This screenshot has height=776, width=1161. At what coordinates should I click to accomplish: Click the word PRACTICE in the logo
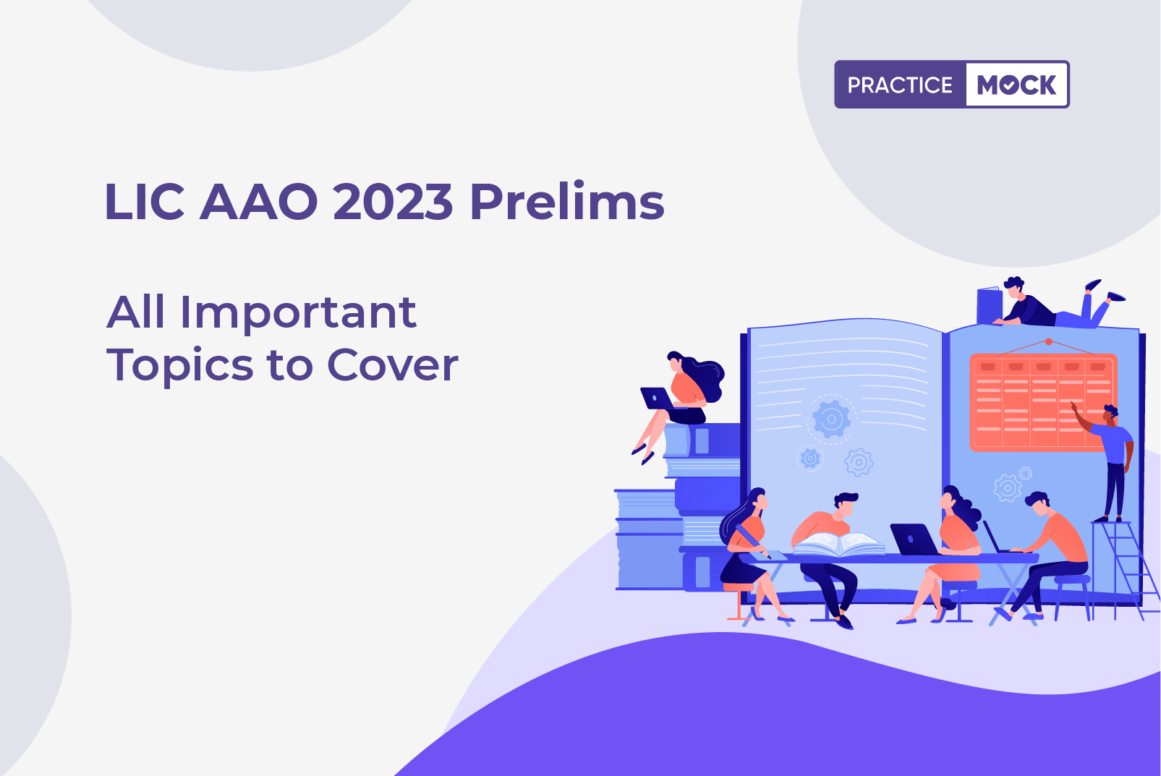(900, 85)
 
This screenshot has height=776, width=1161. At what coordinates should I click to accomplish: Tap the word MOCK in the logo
(1016, 85)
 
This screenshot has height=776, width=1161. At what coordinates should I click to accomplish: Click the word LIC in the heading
(145, 202)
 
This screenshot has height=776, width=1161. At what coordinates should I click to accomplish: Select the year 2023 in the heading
(393, 202)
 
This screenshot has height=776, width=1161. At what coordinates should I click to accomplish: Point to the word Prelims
(566, 201)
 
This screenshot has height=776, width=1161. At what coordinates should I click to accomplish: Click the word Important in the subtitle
(298, 313)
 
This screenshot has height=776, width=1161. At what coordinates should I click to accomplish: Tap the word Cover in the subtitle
(393, 364)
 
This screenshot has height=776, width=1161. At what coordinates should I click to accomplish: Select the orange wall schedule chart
(1043, 402)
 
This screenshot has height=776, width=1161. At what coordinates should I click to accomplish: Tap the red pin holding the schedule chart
(1049, 342)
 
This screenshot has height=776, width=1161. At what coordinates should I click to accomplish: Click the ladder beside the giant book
(1125, 570)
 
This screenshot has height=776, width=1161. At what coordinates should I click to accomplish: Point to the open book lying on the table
(838, 544)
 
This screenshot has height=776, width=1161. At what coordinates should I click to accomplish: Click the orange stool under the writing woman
(739, 601)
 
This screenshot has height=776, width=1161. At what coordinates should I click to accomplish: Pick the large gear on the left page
(831, 419)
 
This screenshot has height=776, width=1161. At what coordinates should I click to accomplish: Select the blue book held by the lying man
(990, 306)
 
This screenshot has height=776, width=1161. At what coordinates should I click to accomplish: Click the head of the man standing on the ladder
(1110, 414)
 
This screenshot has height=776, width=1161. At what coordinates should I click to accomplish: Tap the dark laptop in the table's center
(915, 540)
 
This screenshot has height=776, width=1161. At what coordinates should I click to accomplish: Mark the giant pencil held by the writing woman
(753, 542)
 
